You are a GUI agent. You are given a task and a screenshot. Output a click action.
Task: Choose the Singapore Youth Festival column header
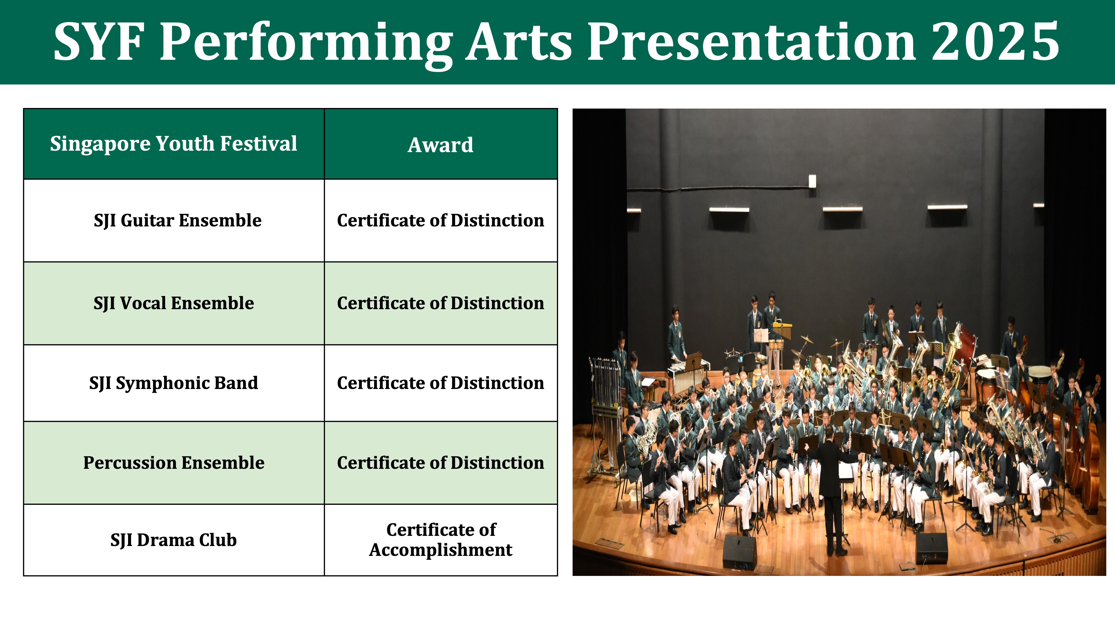[174, 144]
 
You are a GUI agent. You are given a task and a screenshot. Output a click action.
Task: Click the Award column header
[441, 144]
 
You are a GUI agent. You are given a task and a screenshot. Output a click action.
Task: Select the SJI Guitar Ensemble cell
[174, 220]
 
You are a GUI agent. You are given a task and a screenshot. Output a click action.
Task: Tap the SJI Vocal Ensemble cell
[174, 303]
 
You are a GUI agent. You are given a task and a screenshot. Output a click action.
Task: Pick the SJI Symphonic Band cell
[174, 383]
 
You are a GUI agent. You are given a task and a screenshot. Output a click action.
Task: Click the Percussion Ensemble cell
[174, 463]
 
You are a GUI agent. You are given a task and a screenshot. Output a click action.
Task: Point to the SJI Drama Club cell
[174, 540]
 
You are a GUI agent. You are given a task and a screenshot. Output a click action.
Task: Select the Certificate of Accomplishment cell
[441, 540]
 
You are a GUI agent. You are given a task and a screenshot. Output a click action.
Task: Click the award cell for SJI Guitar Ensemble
[441, 220]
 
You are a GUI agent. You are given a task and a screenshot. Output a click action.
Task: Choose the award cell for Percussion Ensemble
[441, 463]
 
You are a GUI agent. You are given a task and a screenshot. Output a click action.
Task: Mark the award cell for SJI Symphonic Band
[441, 383]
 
